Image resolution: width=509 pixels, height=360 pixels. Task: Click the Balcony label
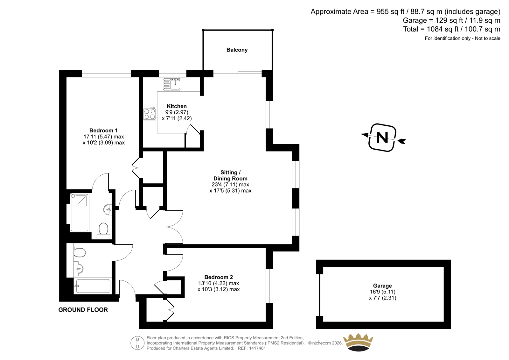coord(237,50)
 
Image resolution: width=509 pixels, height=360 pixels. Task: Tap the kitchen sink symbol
coord(172,84)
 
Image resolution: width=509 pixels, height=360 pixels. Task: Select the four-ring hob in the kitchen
coord(150,114)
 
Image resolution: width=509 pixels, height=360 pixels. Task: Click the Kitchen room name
coord(177,106)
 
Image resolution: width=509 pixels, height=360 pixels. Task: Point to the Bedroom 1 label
coord(103,131)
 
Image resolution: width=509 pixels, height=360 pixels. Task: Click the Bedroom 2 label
coord(219,277)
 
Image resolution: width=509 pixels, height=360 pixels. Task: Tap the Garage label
coord(382,286)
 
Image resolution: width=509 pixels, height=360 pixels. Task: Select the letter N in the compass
coord(382,138)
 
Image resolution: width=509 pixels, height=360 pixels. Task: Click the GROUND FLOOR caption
coord(83,310)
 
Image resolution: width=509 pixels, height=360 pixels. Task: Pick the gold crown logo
coord(358,342)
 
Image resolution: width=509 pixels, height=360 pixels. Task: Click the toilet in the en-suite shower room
coord(103,231)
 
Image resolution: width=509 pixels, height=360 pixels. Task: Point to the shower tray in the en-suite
coord(79,212)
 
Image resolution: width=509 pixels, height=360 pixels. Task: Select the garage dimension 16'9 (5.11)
coord(382,292)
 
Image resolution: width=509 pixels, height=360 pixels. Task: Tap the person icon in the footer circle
coord(137,343)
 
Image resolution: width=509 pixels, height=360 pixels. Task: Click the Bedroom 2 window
coord(269,286)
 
